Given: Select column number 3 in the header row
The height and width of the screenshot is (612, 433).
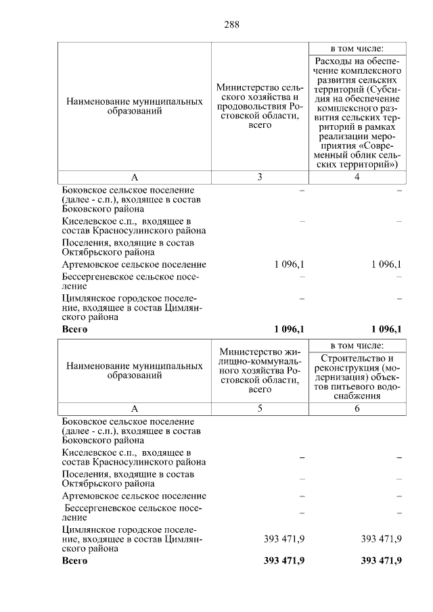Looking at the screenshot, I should (x=260, y=177).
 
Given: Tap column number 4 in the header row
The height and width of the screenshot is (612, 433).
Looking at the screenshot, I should (x=357, y=177).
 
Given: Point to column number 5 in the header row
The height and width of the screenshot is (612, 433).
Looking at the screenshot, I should (x=260, y=408).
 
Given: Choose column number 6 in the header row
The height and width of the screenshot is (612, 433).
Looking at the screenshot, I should (x=357, y=408).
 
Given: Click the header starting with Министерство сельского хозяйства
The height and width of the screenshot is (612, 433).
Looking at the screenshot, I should (x=260, y=107).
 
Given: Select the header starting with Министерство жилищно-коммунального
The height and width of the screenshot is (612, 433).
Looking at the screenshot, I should (x=260, y=371).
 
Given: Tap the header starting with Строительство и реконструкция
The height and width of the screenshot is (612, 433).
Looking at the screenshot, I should (x=357, y=377).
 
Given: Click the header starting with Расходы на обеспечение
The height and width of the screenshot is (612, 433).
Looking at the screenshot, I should (x=357, y=112).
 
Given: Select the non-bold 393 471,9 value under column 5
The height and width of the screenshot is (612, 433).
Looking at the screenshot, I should (x=283, y=538).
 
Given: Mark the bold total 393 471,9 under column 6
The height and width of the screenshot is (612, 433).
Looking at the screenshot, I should (x=381, y=561).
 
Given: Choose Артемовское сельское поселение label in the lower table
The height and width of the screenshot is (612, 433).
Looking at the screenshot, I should (x=133, y=496).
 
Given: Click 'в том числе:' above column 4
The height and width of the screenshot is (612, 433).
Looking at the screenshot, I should (x=357, y=49).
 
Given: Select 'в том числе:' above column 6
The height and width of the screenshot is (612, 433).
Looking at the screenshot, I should (x=357, y=345).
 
